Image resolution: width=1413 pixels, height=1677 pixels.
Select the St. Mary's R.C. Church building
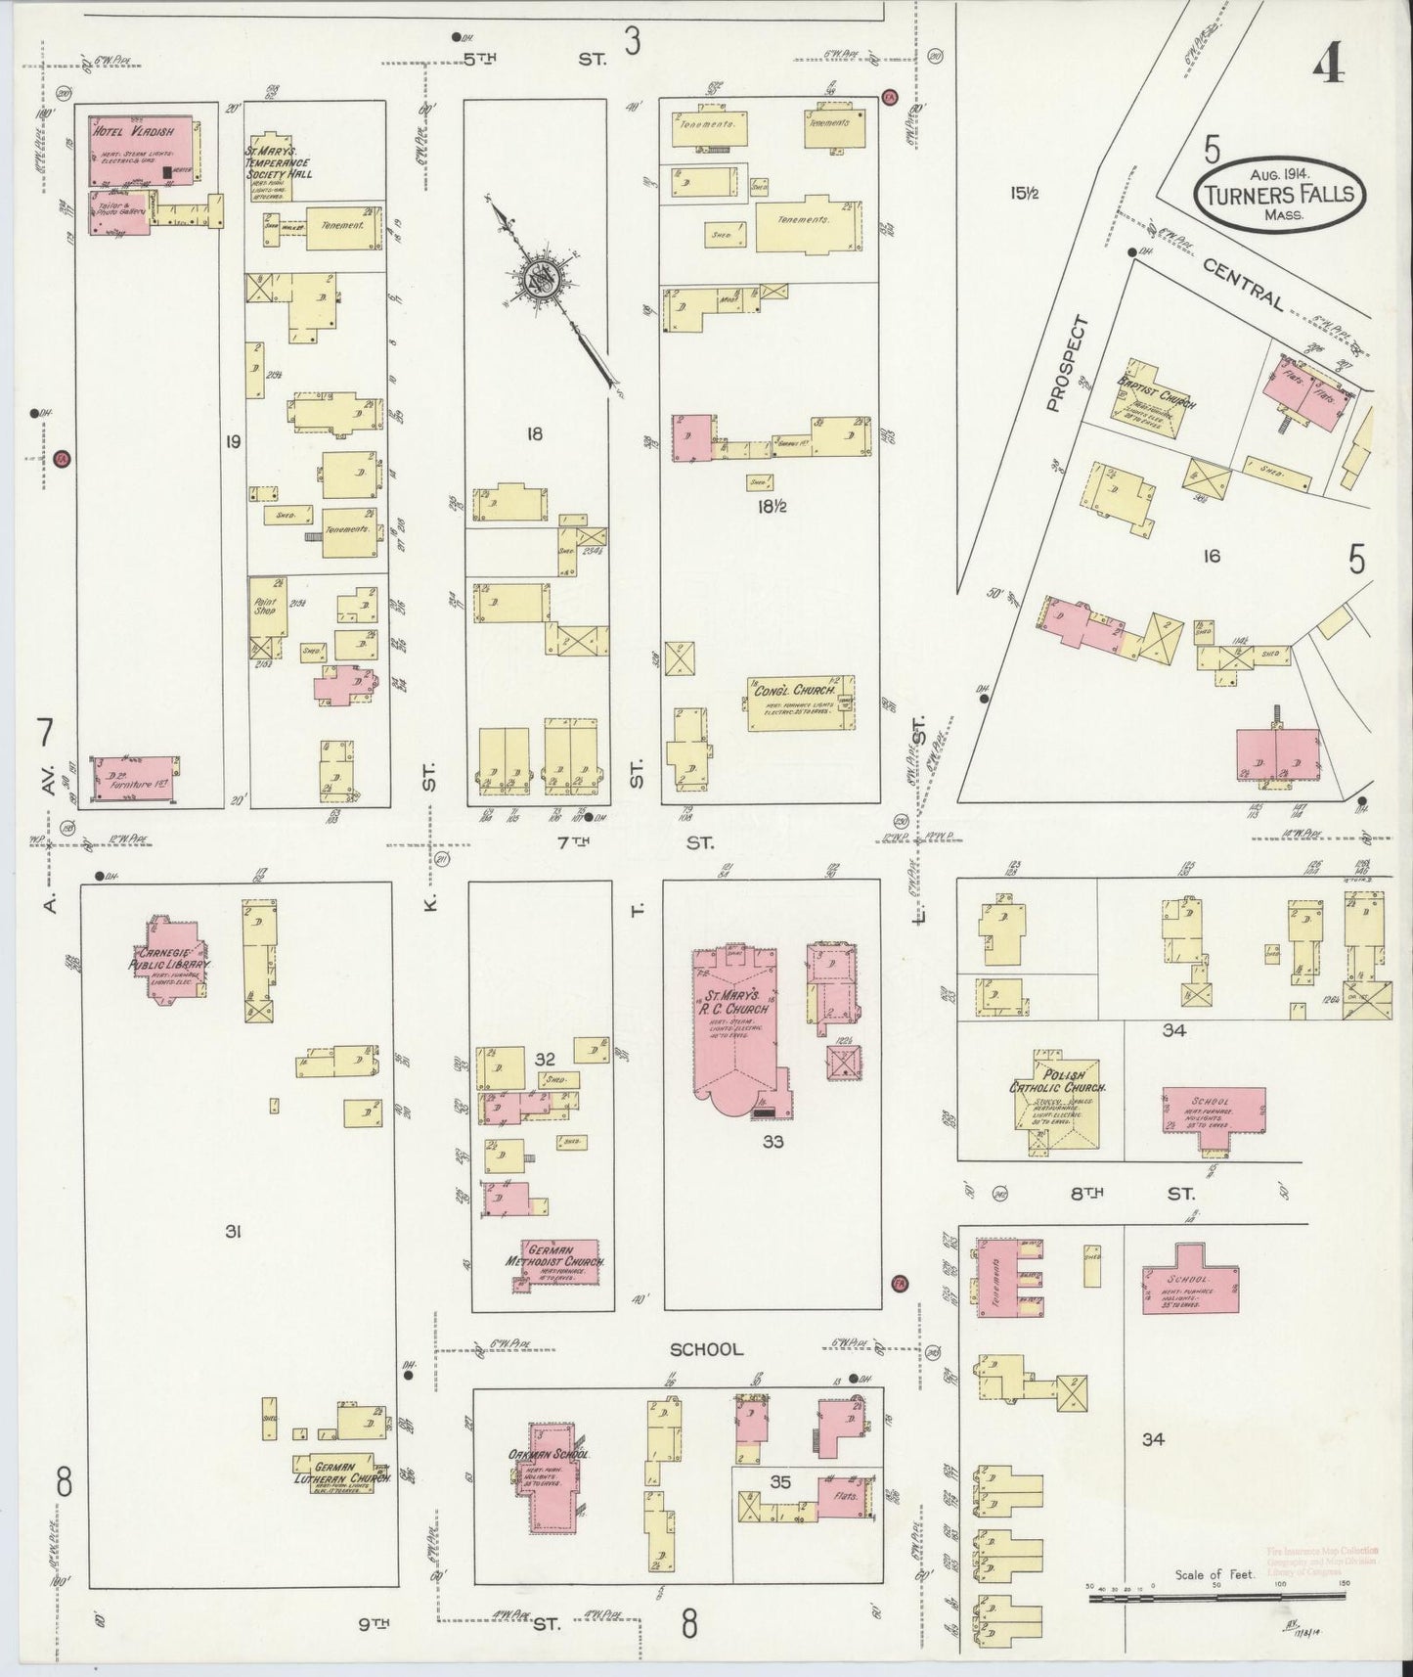[x=741, y=1027]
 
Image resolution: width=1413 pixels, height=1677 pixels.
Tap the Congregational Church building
[x=800, y=703]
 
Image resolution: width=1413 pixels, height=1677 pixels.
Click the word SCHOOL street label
[x=706, y=1349]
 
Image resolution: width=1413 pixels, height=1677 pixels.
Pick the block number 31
[x=232, y=1232]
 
